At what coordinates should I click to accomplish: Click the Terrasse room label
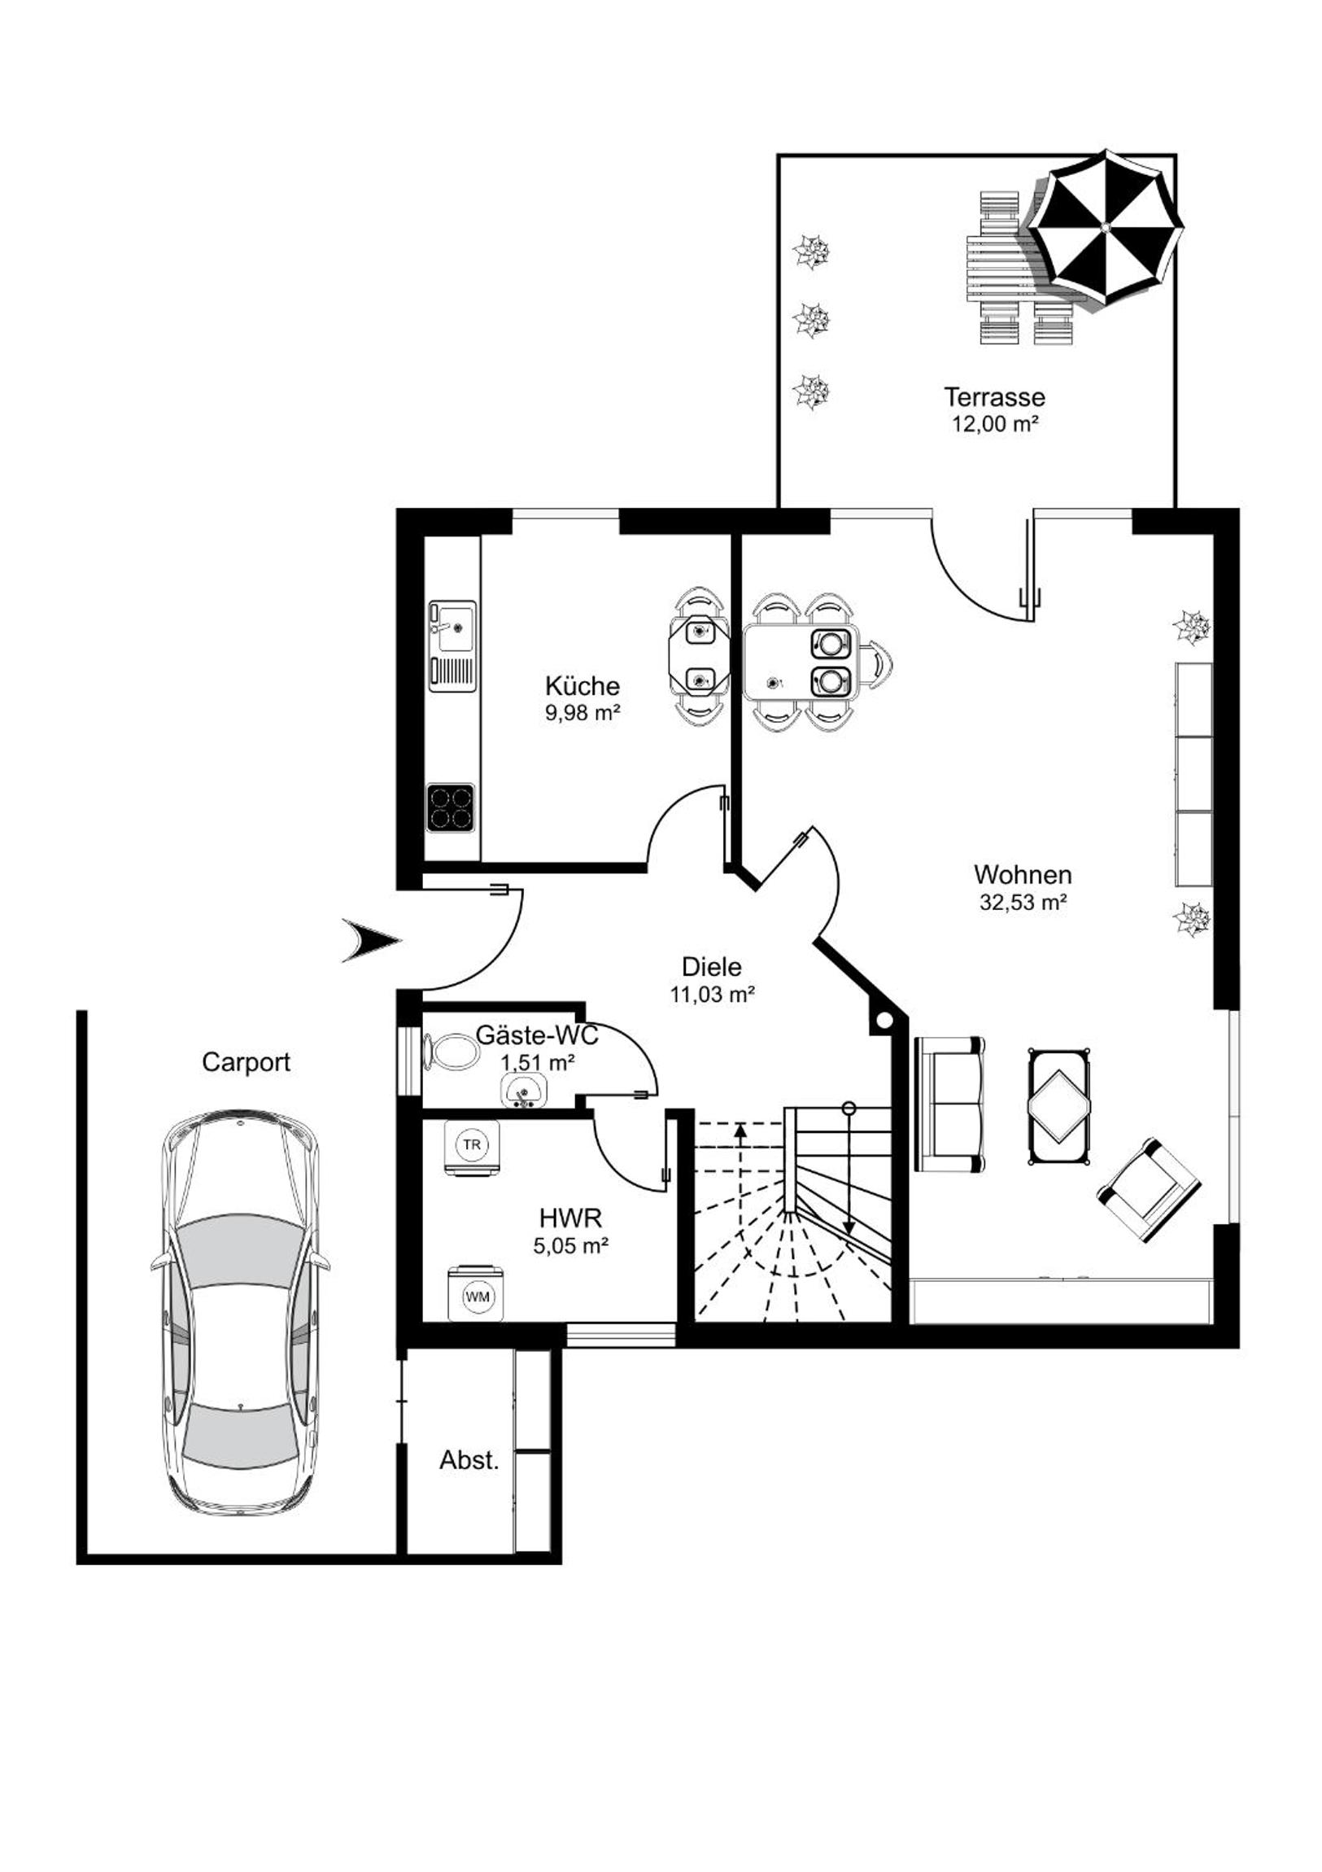(x=994, y=397)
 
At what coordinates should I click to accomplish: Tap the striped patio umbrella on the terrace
(x=1105, y=226)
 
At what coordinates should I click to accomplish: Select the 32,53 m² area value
(x=1023, y=903)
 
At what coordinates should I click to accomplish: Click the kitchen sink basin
(x=453, y=628)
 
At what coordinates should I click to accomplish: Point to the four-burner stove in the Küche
(x=451, y=807)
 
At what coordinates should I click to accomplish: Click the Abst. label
(x=469, y=1459)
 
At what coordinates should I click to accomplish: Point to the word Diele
(x=712, y=967)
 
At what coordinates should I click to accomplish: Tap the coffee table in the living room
(x=1058, y=1106)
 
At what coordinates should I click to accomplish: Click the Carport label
(x=247, y=1062)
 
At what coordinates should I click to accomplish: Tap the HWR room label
(x=570, y=1218)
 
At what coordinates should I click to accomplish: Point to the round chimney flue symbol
(x=883, y=1020)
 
